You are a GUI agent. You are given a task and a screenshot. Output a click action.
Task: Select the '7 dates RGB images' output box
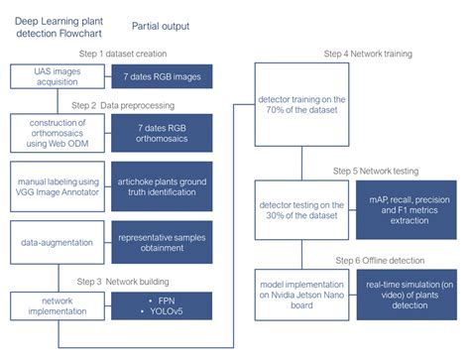(x=162, y=76)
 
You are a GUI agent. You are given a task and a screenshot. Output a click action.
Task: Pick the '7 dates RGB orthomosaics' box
(x=162, y=134)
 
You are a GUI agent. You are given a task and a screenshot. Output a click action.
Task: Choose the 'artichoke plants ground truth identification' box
(x=162, y=187)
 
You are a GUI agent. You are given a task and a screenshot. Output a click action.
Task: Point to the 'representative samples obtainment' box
(x=162, y=240)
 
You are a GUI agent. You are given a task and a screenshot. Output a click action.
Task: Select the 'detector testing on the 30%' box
(x=300, y=210)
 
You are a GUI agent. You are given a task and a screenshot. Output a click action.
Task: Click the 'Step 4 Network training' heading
(x=368, y=54)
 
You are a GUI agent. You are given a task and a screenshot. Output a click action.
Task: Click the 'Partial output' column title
(x=161, y=26)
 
